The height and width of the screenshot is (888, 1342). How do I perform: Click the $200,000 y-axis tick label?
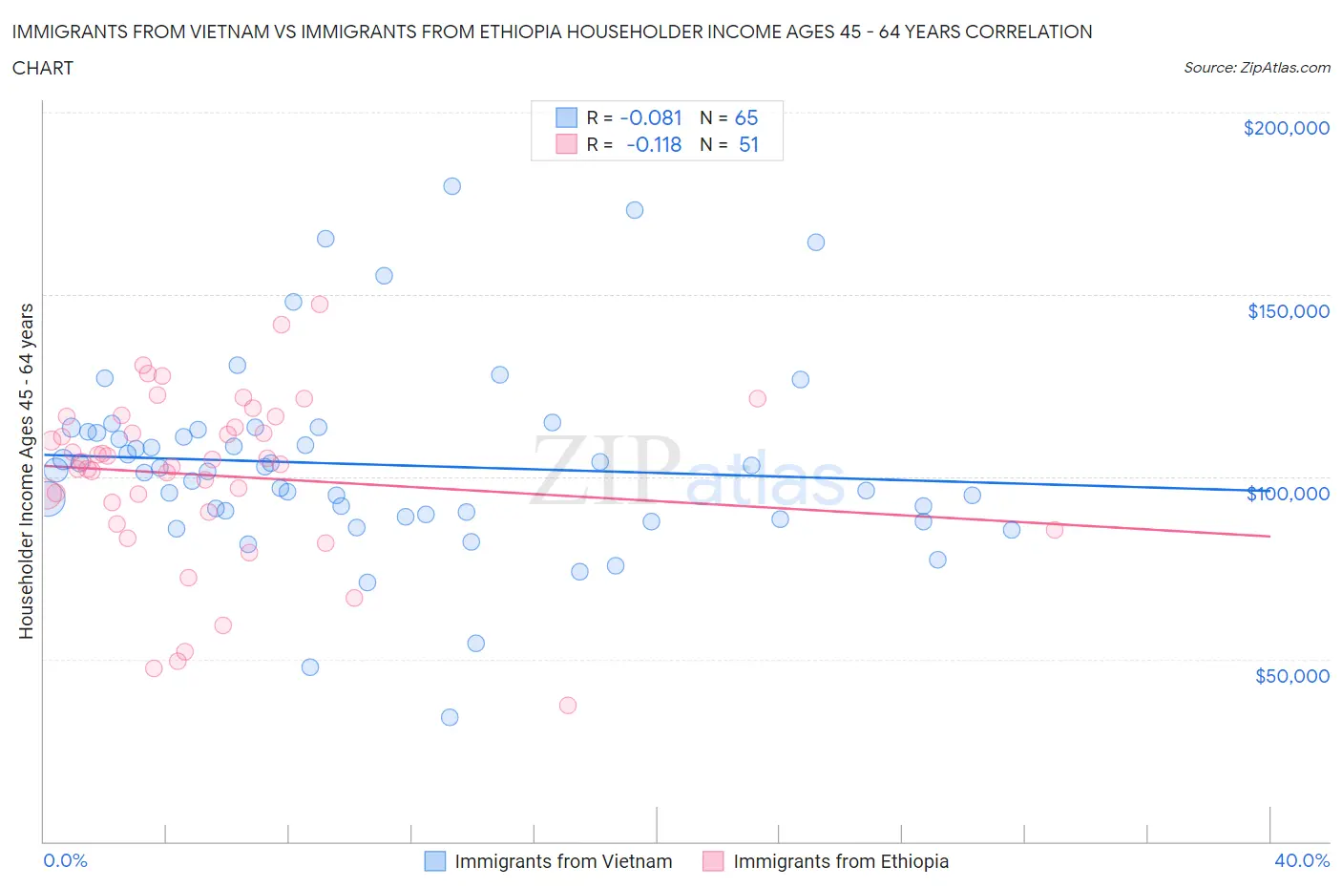click(x=1286, y=128)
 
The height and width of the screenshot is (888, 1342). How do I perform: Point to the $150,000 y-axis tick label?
click(x=1288, y=311)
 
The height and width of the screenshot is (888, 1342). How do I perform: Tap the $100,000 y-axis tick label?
click(x=1288, y=494)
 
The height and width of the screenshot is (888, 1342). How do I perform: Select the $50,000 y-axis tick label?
click(x=1291, y=676)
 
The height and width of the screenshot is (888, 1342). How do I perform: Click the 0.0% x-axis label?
click(x=65, y=860)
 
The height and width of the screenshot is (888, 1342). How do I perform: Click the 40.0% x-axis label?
click(x=1302, y=860)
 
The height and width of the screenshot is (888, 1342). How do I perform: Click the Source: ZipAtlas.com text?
click(x=1256, y=67)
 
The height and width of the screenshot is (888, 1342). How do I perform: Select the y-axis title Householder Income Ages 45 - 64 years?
click(x=26, y=471)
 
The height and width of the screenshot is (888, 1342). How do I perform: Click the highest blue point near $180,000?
click(x=452, y=186)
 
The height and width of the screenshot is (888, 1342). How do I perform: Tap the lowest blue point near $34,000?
click(x=450, y=717)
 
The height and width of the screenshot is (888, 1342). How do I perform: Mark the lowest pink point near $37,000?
click(x=568, y=706)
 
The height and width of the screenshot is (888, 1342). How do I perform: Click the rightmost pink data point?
click(x=1055, y=530)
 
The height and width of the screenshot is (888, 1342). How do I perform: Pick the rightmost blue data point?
click(x=1012, y=530)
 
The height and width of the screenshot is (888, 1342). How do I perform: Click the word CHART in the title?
click(x=43, y=68)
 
